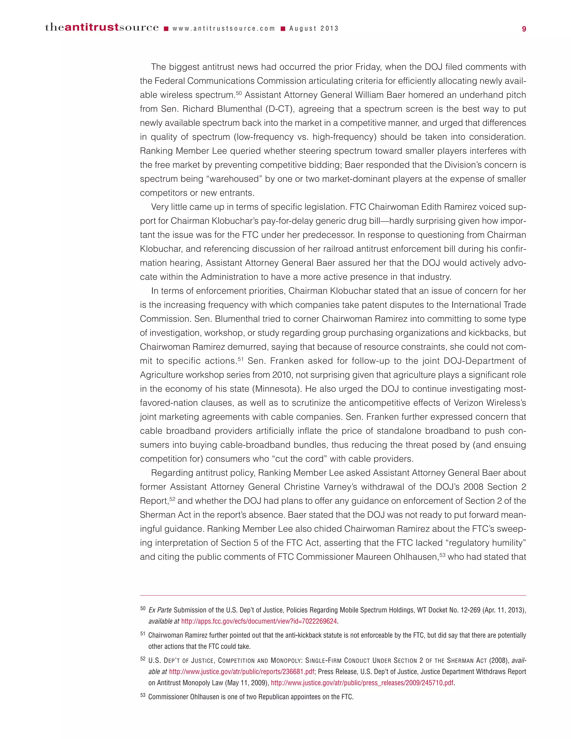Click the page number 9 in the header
point(524,29)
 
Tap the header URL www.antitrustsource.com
point(224,29)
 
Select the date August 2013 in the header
point(314,29)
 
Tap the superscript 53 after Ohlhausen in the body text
point(442,554)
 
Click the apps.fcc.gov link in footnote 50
point(259,621)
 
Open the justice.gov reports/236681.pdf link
point(241,672)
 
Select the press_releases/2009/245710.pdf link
point(362,683)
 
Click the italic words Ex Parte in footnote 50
point(160,610)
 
